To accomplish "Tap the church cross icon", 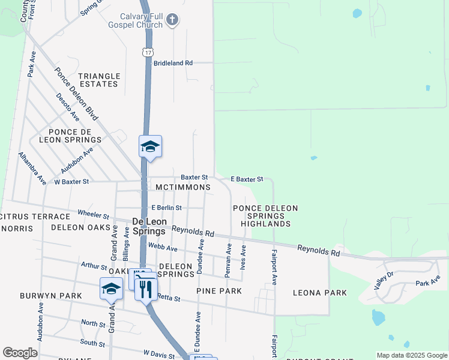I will click(x=172, y=20).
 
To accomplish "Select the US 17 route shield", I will click(x=148, y=52).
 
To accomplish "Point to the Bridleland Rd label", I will click(x=173, y=62).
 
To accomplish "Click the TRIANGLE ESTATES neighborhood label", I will click(x=99, y=80).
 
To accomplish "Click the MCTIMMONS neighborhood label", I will click(x=182, y=187).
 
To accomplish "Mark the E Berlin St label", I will click(x=166, y=208).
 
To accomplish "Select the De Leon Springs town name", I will click(x=148, y=226).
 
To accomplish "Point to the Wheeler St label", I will click(x=94, y=215).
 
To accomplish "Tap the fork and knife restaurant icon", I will click(x=145, y=290).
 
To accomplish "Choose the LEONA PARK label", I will click(x=319, y=293).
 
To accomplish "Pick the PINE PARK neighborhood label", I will click(x=218, y=291).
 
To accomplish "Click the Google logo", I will click(x=20, y=353).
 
